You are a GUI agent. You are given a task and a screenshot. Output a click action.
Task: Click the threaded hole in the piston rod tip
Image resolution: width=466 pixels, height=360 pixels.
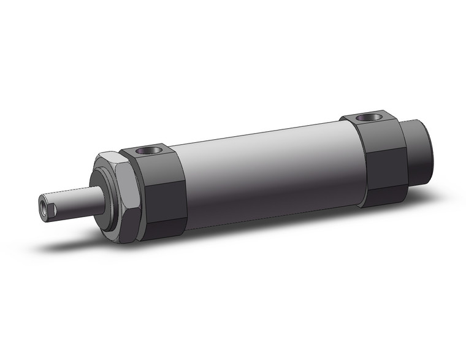45,205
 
